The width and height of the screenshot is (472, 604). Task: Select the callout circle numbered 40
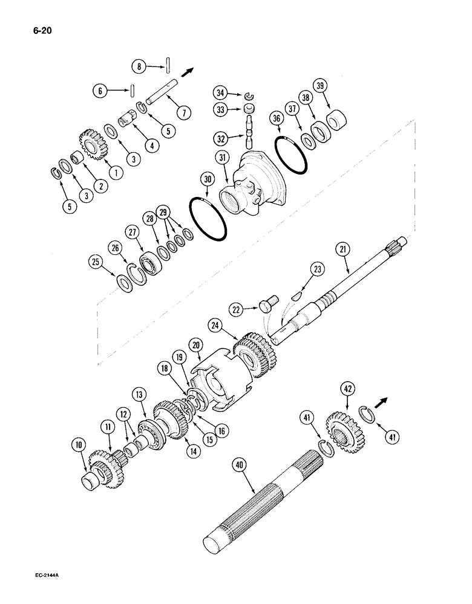coord(240,466)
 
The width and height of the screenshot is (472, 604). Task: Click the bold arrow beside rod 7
coord(188,71)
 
